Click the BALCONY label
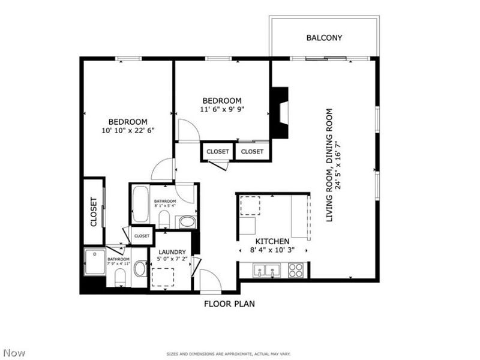(x=324, y=38)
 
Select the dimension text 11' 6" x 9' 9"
(x=222, y=109)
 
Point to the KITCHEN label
(x=273, y=241)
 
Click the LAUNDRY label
(x=172, y=252)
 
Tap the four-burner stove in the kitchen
(x=296, y=271)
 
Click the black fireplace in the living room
(x=280, y=113)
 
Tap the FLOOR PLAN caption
(x=229, y=304)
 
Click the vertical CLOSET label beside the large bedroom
(x=94, y=212)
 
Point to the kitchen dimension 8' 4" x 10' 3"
(x=273, y=250)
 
